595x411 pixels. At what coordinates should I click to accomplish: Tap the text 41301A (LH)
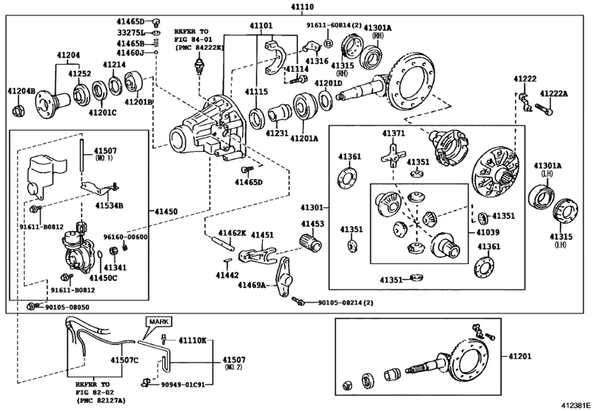(x=547, y=171)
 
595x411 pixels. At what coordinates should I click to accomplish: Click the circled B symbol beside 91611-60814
(x=328, y=44)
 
